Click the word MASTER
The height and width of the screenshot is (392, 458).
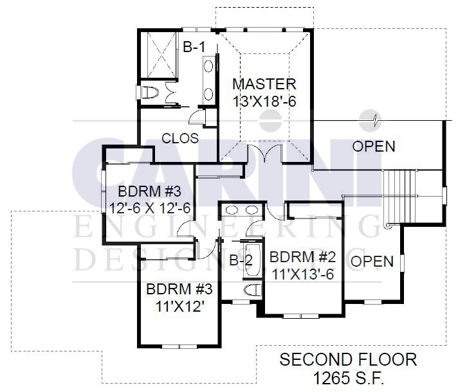[264, 84]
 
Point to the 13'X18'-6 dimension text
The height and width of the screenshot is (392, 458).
[264, 102]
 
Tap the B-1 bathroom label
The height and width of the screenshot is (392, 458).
[194, 47]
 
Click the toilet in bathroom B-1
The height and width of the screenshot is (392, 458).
[149, 93]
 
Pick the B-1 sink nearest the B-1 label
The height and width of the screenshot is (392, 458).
[208, 66]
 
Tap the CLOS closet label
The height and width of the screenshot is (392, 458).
[180, 138]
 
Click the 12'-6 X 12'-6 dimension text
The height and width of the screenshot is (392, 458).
[150, 208]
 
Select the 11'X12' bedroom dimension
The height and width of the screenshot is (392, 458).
[179, 307]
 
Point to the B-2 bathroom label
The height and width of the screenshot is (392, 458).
[241, 260]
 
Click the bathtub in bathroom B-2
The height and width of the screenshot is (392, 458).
[253, 260]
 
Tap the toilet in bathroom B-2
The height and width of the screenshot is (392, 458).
[253, 290]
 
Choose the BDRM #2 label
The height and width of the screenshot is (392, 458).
[302, 257]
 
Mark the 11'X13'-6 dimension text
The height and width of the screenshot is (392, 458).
[302, 274]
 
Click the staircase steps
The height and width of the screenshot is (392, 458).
[399, 197]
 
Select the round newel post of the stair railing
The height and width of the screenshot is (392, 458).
[388, 226]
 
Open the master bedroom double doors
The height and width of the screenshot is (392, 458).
[264, 153]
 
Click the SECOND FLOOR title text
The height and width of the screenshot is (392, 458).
[348, 360]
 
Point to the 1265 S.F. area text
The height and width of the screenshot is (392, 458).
[348, 379]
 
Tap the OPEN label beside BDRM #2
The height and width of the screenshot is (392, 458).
[372, 262]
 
